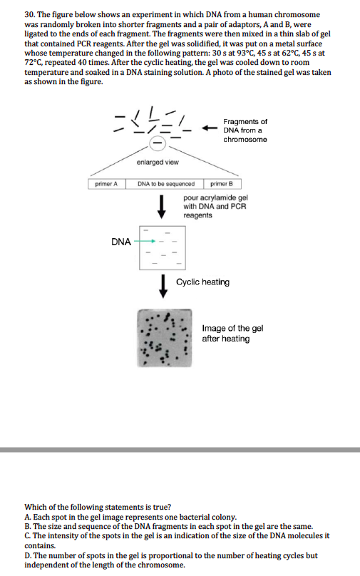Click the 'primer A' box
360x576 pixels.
pos(106,184)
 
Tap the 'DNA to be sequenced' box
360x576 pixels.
pos(166,184)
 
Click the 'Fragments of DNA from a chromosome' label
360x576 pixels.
pos(245,130)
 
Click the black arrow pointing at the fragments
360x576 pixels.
pos(209,129)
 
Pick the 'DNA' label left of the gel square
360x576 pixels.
pos(121,242)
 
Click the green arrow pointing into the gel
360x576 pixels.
pos(145,241)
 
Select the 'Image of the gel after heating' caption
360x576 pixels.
pos(232,334)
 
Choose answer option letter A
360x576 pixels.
pos(27,516)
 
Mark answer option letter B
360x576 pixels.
pos(27,525)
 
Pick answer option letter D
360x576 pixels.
pos(28,555)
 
